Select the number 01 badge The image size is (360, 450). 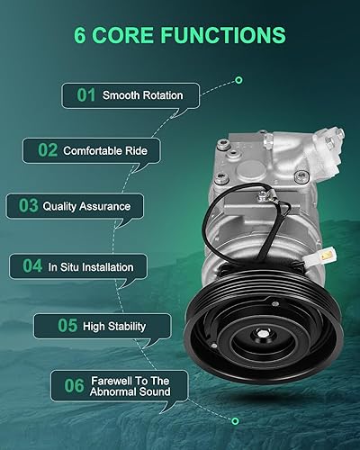(x=85, y=94)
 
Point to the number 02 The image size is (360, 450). (x=46, y=150)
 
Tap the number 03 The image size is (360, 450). (x=27, y=206)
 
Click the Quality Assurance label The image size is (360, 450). (x=86, y=206)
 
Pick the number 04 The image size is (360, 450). (x=32, y=266)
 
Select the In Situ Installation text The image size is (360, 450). (x=90, y=267)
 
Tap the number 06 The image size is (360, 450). (x=73, y=385)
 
